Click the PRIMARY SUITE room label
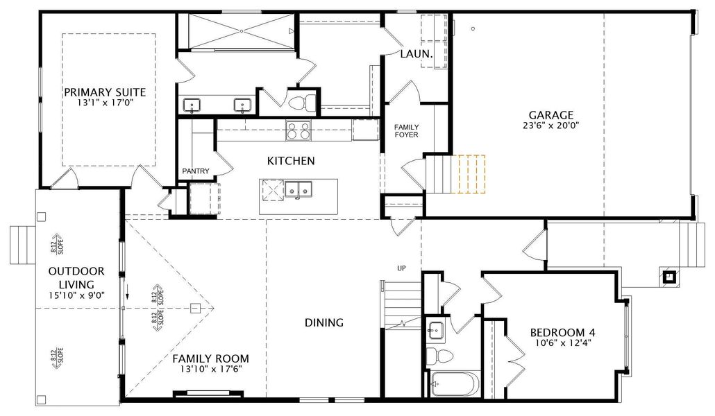click(105, 92)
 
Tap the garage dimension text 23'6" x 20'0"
click(551, 125)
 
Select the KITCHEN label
click(291, 161)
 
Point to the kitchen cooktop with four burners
click(298, 131)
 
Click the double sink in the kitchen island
click(298, 189)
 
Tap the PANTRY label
click(196, 171)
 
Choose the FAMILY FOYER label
click(406, 131)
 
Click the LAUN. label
click(417, 54)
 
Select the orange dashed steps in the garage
click(469, 174)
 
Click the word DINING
click(323, 322)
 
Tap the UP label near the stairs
click(401, 268)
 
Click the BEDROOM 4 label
click(563, 333)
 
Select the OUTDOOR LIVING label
click(76, 278)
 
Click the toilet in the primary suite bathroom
click(302, 102)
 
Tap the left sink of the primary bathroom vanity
click(192, 105)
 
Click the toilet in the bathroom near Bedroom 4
click(440, 355)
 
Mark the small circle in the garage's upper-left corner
click(473, 28)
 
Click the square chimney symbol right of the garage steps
click(669, 277)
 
